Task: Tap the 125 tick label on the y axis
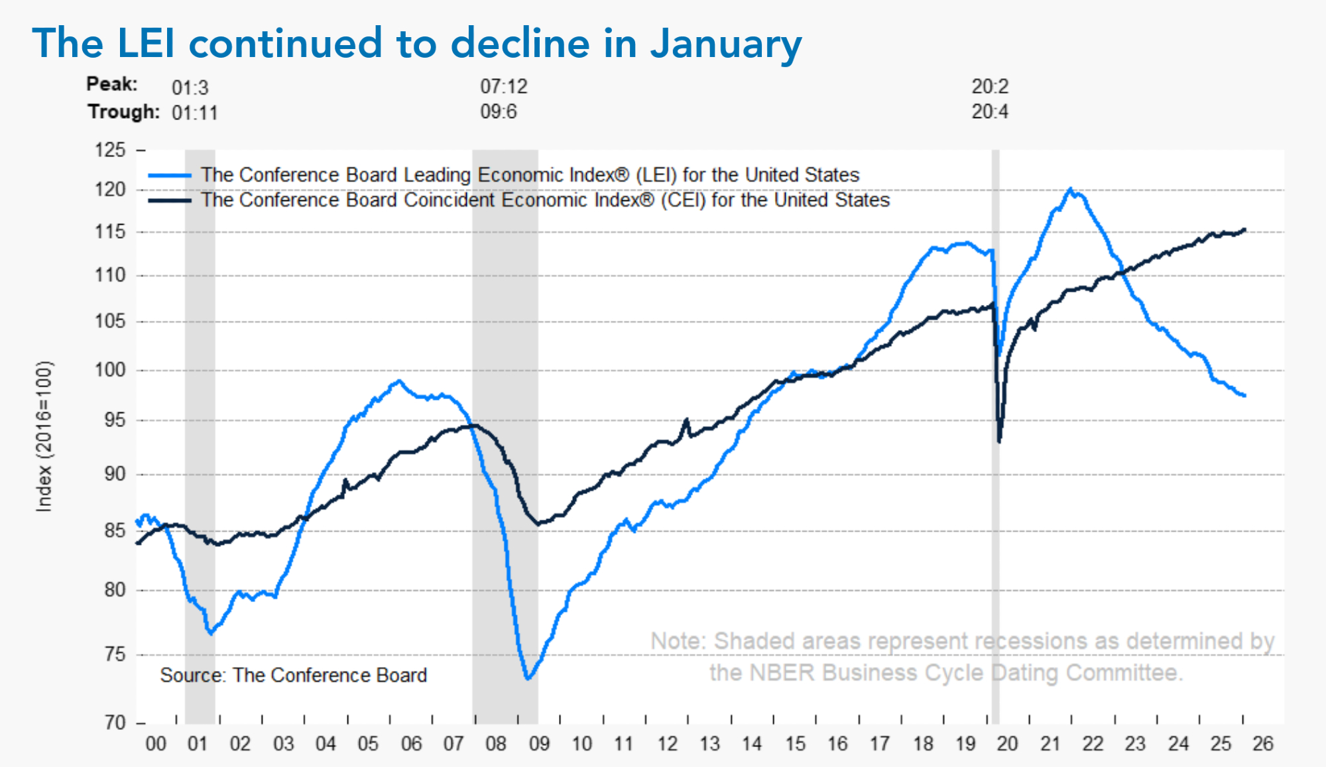coord(110,150)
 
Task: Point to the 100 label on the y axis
coord(110,370)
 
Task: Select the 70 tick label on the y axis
coord(115,722)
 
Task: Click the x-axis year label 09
coord(539,744)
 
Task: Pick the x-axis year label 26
coord(1262,744)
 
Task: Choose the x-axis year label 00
coord(156,744)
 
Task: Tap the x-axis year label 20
coord(1007,744)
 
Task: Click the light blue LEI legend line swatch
coord(169,176)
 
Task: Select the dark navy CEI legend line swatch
coord(169,200)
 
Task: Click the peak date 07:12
coord(504,86)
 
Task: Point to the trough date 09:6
coord(499,111)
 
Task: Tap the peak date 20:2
coord(990,86)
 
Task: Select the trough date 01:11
coord(195,113)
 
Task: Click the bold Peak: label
coord(112,84)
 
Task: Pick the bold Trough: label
coord(124,111)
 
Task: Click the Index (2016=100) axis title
coord(44,436)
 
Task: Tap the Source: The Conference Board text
coord(293,675)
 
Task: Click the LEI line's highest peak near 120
coord(1070,189)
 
